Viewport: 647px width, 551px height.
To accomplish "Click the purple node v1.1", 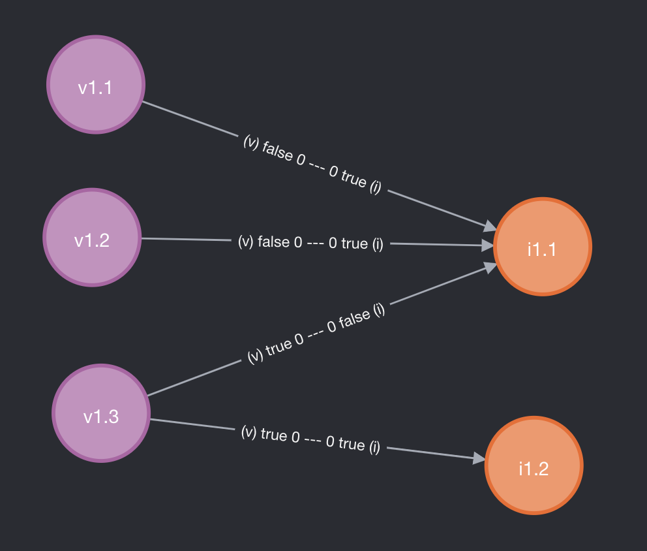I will click(x=96, y=85).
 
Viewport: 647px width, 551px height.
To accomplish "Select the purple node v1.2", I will click(x=92, y=238).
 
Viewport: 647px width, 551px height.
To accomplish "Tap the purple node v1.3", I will click(x=101, y=413).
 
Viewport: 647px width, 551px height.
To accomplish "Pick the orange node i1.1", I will click(x=542, y=247).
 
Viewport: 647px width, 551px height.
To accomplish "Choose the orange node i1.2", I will click(x=533, y=466).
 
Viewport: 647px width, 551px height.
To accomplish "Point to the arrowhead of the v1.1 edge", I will click(x=490, y=226).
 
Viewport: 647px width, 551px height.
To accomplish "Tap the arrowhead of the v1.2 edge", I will click(x=487, y=245).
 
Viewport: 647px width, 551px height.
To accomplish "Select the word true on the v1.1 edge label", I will click(x=353, y=180).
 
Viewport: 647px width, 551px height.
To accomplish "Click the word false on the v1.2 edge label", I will click(x=274, y=242).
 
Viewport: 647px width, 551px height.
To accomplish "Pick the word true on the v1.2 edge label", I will click(x=354, y=244).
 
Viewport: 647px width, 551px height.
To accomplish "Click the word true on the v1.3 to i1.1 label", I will click(x=279, y=346).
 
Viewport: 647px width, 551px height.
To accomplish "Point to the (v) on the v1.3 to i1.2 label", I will click(x=248, y=432).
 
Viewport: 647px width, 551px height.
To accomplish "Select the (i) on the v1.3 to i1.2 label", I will click(x=374, y=447).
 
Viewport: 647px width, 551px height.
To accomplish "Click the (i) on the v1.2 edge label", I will click(x=378, y=244).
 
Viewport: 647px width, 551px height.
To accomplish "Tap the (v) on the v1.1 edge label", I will click(x=251, y=142).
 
